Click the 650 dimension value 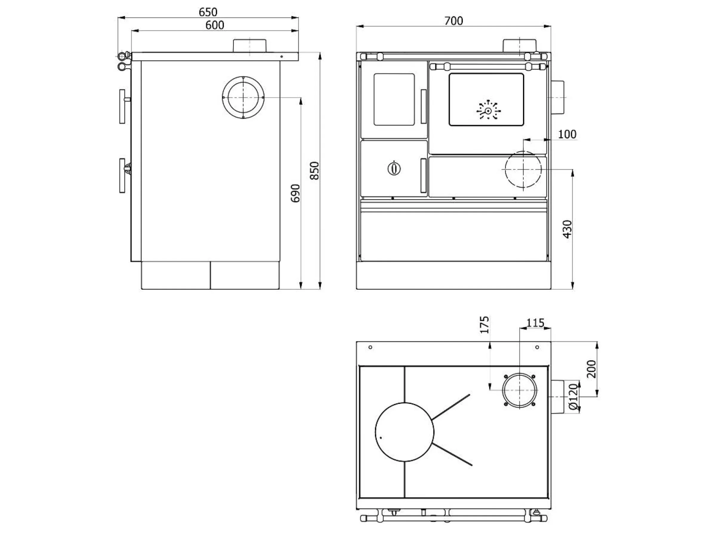208,12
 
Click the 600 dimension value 215,25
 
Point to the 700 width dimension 453,21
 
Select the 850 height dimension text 314,171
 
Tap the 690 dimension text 295,193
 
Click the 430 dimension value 567,229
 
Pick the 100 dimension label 567,134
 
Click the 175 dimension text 484,325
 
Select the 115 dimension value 535,323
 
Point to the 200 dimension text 591,369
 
